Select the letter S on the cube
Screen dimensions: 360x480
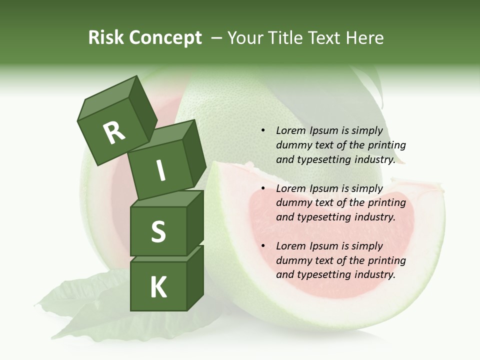[x=158, y=232]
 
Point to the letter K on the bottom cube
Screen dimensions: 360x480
[x=158, y=287]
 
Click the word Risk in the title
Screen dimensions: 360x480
[x=106, y=38]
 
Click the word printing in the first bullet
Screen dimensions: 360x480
[x=387, y=145]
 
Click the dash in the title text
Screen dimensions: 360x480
[x=216, y=38]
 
